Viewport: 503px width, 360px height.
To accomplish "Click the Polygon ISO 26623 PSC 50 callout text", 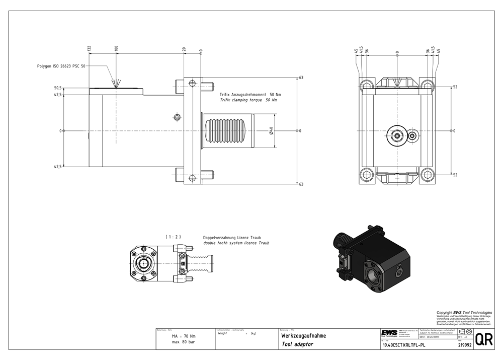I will tap(61, 66).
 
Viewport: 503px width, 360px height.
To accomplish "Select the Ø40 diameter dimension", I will tap(271, 131).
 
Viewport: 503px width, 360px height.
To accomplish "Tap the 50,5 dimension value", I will tap(58, 88).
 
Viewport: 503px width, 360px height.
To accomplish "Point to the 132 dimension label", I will tap(90, 48).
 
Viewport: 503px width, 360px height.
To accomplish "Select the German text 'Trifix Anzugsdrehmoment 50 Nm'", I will tap(250, 95).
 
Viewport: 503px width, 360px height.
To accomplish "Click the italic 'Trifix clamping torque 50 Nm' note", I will tap(248, 100).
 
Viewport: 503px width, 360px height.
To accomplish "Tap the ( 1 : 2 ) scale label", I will tap(173, 237).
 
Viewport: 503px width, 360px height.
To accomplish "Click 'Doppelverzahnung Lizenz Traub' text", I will tap(232, 237).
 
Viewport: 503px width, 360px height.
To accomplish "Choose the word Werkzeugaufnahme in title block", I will tap(303, 336).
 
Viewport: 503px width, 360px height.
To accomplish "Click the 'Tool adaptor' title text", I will tap(297, 344).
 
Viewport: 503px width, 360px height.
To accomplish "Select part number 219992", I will tap(465, 346).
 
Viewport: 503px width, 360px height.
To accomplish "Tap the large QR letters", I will tap(484, 339).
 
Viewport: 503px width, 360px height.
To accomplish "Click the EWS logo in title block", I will tap(388, 333).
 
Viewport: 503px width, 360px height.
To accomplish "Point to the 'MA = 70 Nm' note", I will tap(183, 336).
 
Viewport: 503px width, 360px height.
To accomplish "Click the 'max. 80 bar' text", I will tap(183, 342).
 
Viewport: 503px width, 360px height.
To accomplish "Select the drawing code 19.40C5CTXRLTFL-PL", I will tap(404, 346).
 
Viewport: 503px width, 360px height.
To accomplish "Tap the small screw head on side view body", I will tap(177, 117).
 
